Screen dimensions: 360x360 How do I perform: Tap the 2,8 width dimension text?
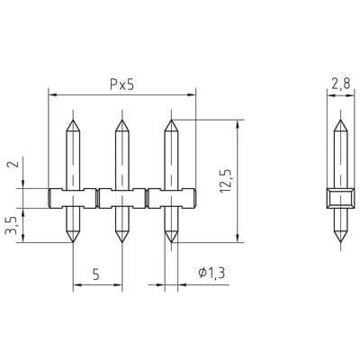pyautogui.click(x=340, y=84)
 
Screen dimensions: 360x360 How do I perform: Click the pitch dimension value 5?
pyautogui.click(x=96, y=276)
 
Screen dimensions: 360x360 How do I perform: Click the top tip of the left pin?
pyautogui.click(x=72, y=120)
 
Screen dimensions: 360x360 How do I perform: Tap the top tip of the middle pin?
pyautogui.click(x=121, y=120)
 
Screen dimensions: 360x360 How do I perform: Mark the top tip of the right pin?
pyautogui.click(x=169, y=120)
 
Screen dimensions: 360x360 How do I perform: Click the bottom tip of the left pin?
pyautogui.click(x=72, y=241)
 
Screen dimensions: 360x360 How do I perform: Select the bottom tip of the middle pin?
pyautogui.click(x=121, y=241)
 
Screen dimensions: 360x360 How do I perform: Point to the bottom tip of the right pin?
pyautogui.click(x=169, y=241)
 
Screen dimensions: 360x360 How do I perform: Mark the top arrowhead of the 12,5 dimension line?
pyautogui.click(x=237, y=122)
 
